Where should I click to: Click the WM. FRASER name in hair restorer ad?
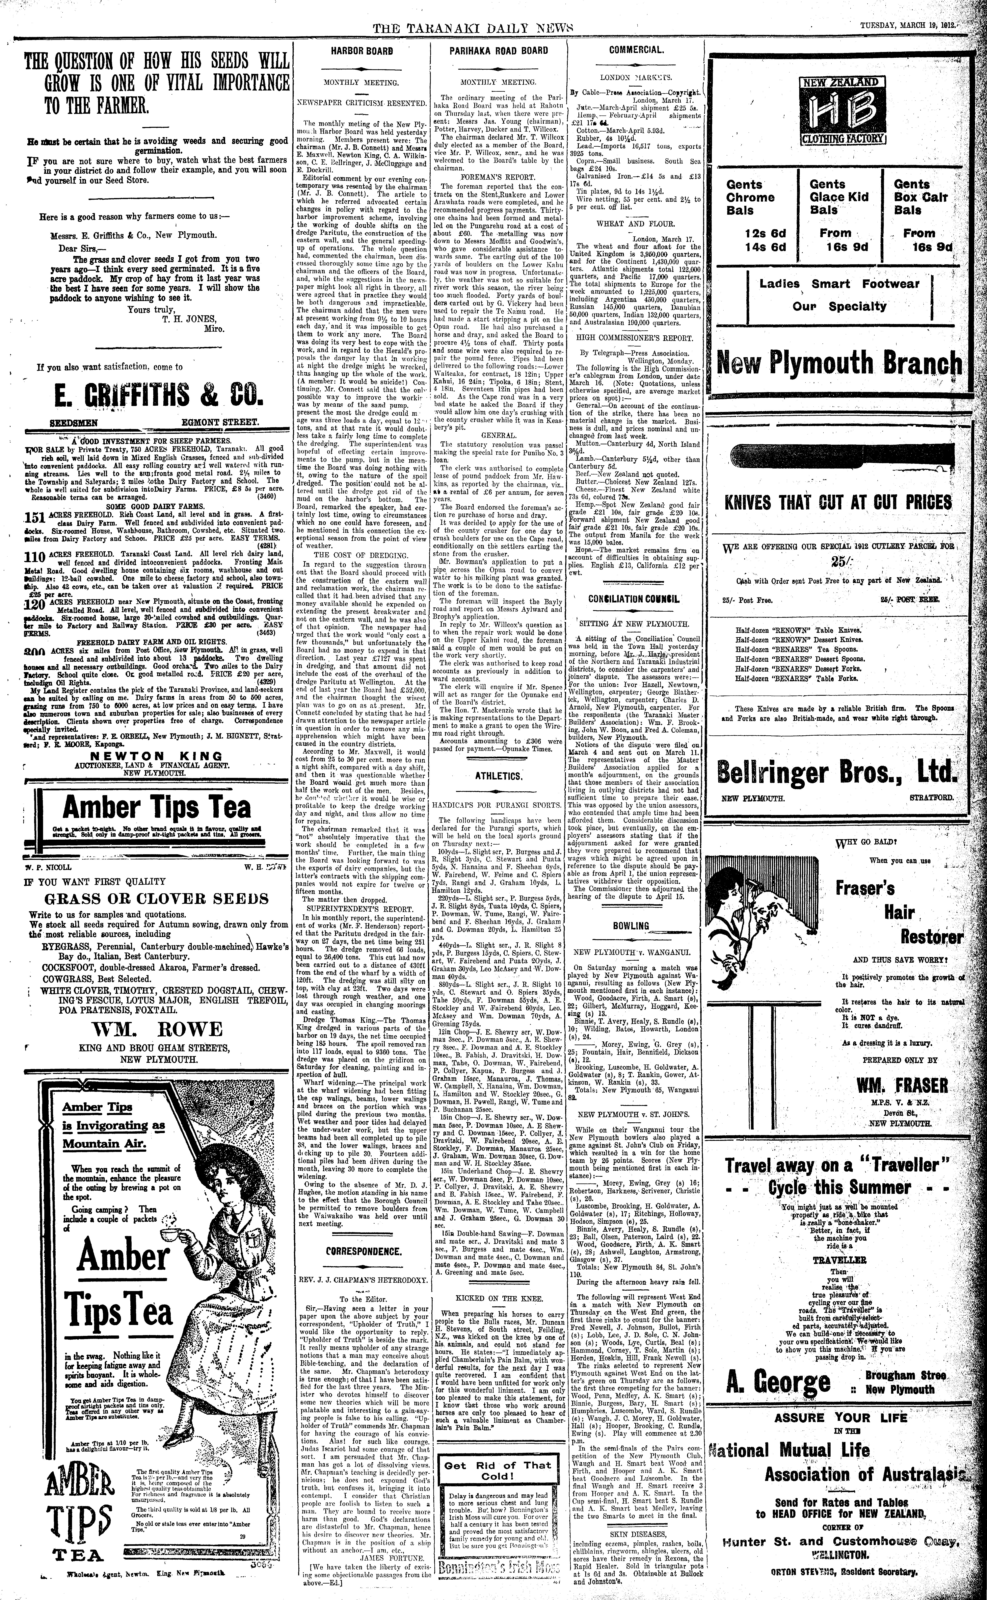[x=902, y=1085]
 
